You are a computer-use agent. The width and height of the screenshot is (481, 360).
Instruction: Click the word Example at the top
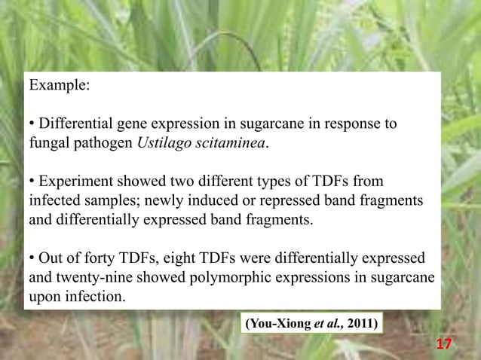coord(59,85)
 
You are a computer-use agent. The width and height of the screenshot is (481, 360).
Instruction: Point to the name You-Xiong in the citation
coord(275,325)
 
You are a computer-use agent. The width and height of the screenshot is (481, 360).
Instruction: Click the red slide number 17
coord(444,344)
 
